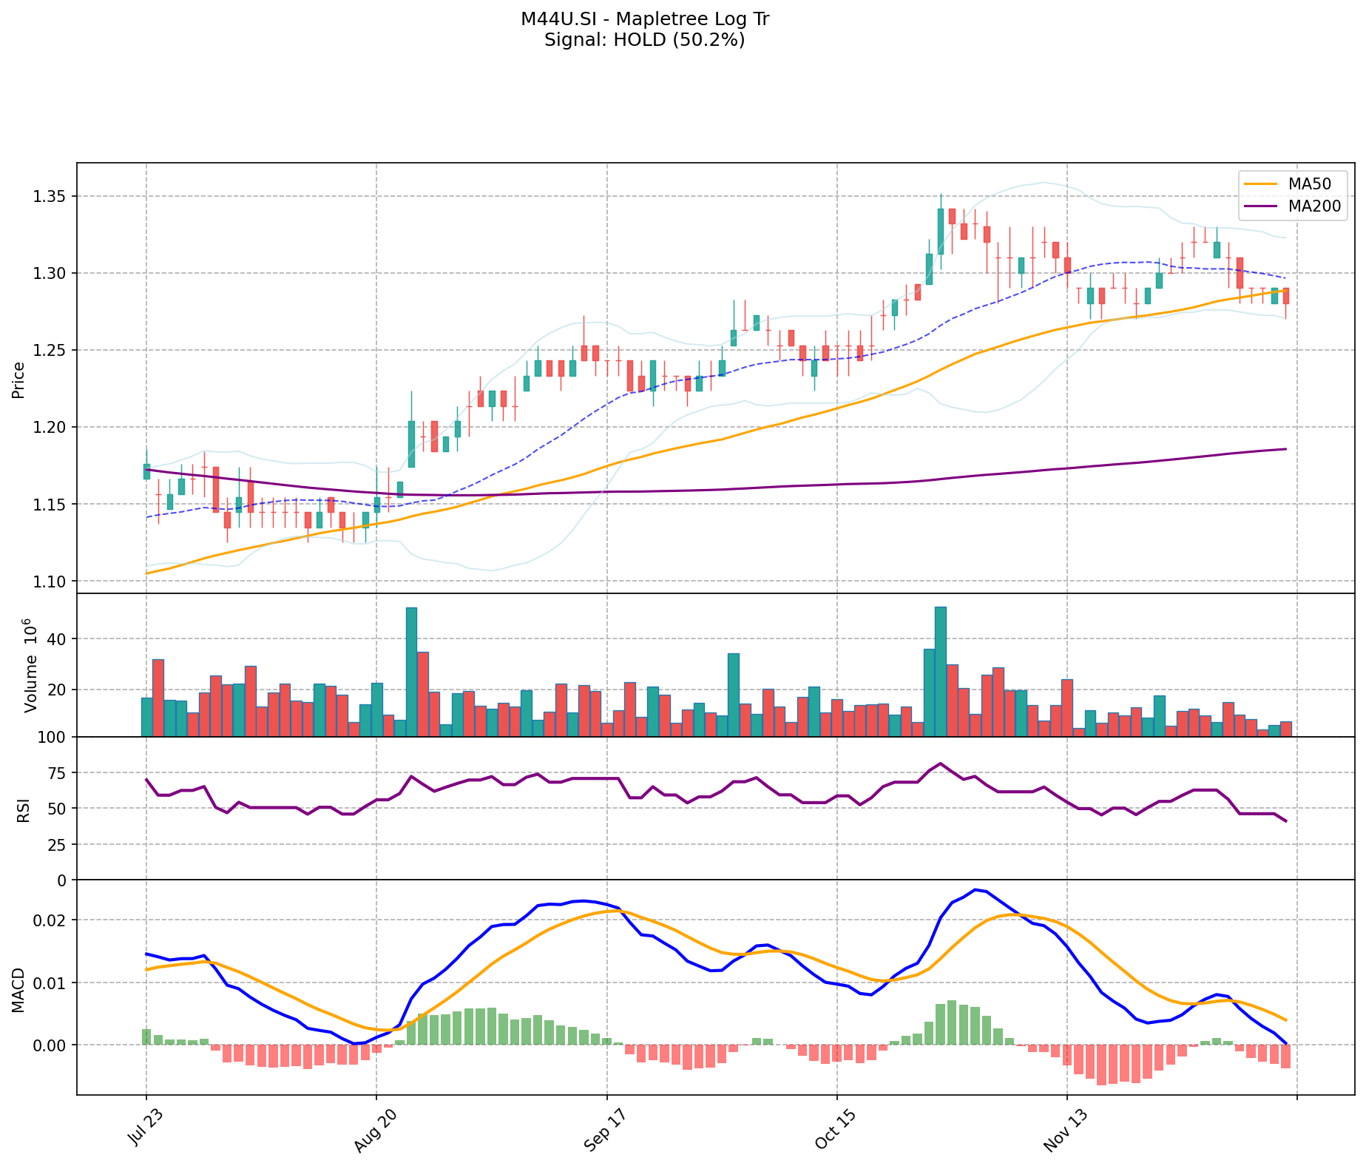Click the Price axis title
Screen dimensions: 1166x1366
click(18, 380)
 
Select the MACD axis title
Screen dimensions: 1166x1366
click(18, 989)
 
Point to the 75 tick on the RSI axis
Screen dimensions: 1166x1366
click(56, 773)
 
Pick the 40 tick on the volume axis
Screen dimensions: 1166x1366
click(56, 639)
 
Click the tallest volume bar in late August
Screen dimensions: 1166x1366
click(411, 672)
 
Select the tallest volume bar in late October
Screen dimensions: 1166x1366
click(941, 671)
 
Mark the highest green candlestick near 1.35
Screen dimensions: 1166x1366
click(941, 232)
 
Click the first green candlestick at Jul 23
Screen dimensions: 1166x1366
click(146, 471)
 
